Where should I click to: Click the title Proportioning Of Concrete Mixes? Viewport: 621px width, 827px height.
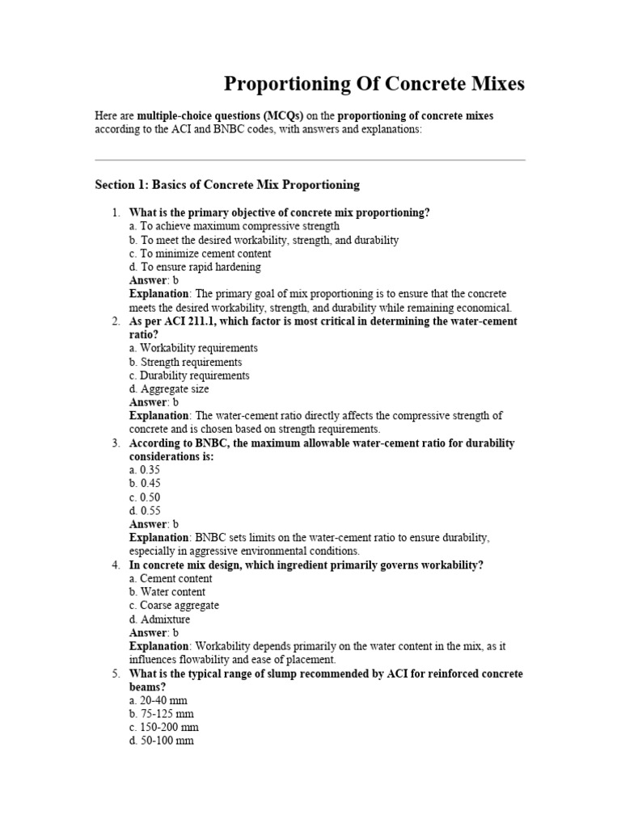(x=374, y=83)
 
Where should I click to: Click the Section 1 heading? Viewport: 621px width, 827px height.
(x=227, y=185)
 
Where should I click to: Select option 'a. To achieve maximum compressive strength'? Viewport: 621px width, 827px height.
(x=234, y=226)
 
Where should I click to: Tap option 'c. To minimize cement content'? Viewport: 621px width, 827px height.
(x=200, y=254)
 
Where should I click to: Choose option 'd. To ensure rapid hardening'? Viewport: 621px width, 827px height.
(x=195, y=267)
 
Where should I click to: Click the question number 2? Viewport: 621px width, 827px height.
(x=115, y=321)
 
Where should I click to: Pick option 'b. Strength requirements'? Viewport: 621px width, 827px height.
(x=185, y=362)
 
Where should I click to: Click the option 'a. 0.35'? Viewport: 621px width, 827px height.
(x=145, y=470)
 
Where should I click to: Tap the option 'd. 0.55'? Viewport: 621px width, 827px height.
(x=145, y=510)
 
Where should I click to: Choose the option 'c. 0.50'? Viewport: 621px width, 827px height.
(x=145, y=497)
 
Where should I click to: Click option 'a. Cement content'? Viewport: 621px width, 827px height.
(x=171, y=578)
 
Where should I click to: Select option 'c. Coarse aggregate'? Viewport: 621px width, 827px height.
(x=174, y=606)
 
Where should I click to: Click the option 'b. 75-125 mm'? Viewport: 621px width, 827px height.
(x=161, y=714)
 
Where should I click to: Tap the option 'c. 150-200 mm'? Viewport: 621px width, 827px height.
(x=163, y=727)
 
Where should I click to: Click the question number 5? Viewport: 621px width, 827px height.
(x=115, y=674)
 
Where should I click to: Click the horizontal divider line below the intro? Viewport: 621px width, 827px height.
(x=310, y=160)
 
